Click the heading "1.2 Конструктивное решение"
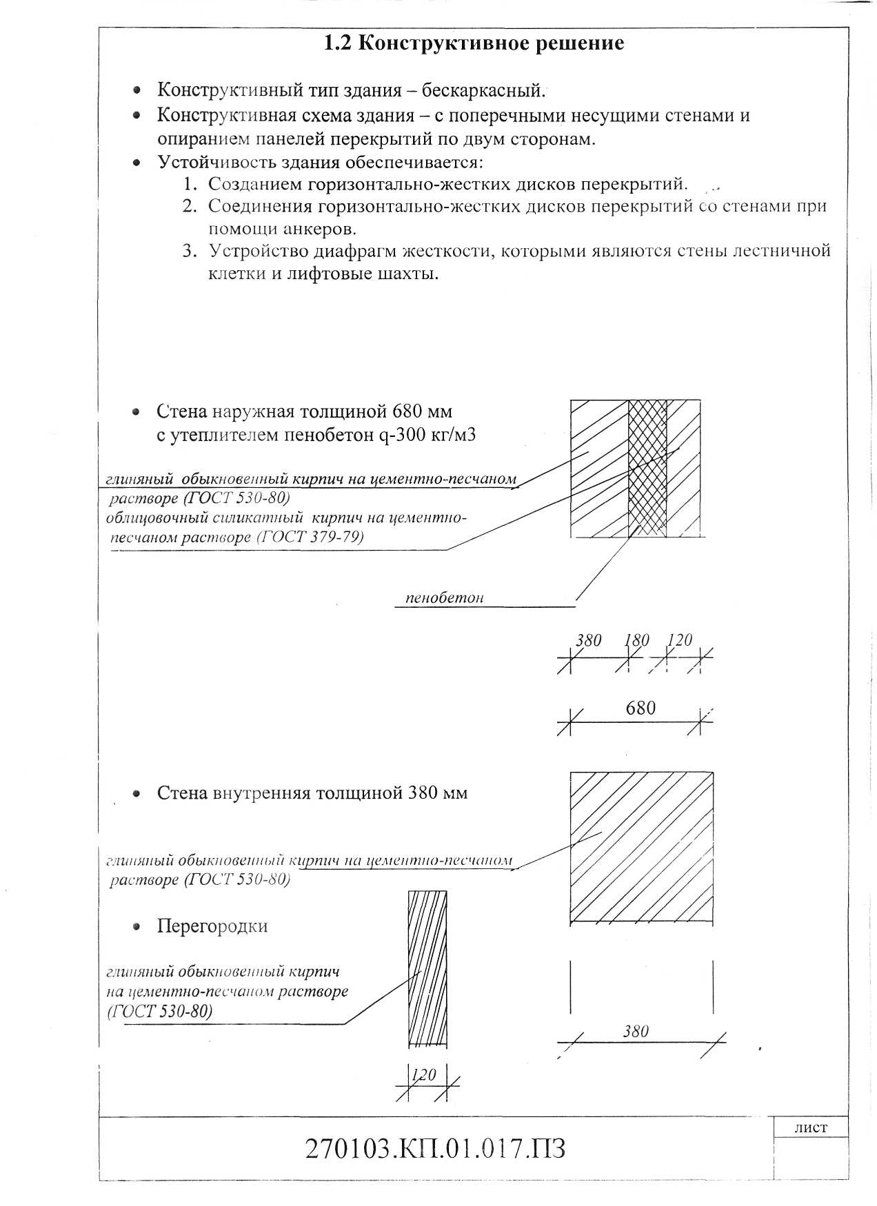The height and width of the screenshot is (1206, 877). pyautogui.click(x=474, y=43)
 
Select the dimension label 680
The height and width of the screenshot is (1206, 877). pyautogui.click(x=641, y=708)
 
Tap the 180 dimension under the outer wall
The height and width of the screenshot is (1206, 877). pyautogui.click(x=636, y=640)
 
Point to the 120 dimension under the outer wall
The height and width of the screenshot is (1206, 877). pyautogui.click(x=680, y=640)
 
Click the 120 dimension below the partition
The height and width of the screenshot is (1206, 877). pyautogui.click(x=424, y=1074)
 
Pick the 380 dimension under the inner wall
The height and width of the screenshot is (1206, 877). pyautogui.click(x=636, y=1031)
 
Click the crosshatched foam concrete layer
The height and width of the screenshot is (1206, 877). pyautogui.click(x=647, y=469)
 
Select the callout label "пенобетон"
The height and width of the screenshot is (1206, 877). pyautogui.click(x=444, y=598)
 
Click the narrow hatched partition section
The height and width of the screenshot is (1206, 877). pyautogui.click(x=427, y=968)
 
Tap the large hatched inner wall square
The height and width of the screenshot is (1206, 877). pyautogui.click(x=641, y=847)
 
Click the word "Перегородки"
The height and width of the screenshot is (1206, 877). pyautogui.click(x=212, y=926)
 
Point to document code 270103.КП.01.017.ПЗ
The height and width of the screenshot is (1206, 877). pyautogui.click(x=435, y=1149)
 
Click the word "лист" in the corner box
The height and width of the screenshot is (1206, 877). pyautogui.click(x=810, y=1128)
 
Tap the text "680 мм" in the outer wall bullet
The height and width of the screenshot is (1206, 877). pyautogui.click(x=422, y=412)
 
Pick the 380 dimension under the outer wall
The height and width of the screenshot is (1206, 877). pyautogui.click(x=589, y=640)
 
